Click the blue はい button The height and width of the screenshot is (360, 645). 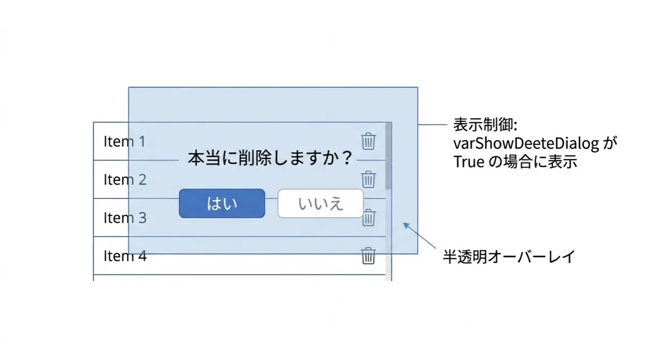coord(222,204)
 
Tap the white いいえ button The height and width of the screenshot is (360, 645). coord(320,204)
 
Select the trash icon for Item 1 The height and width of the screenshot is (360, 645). coord(368,141)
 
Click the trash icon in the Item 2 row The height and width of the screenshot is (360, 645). coord(368,179)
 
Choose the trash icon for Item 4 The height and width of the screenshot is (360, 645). coord(368,256)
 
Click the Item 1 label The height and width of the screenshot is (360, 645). coord(124,141)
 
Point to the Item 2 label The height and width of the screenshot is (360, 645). coord(125,179)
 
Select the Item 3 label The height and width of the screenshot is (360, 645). coord(125,218)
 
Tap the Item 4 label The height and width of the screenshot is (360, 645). coord(125,256)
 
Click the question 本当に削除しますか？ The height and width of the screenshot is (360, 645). coord(270,158)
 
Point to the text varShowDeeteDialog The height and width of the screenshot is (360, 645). coord(526,143)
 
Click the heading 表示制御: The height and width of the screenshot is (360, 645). coord(485,125)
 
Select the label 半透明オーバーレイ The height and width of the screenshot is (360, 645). coord(508,257)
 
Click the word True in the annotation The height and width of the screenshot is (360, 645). coord(469,162)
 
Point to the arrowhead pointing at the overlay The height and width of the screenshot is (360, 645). coord(406,225)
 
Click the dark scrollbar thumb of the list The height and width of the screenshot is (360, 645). coord(389,156)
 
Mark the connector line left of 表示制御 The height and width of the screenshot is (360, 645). coord(432,125)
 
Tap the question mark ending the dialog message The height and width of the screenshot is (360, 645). coord(346,158)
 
